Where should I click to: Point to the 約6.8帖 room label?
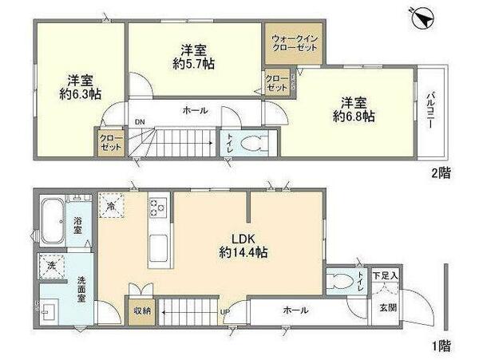(x=354, y=109)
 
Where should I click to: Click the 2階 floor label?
(x=442, y=172)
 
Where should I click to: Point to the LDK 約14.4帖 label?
(x=239, y=245)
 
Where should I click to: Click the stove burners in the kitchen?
(x=156, y=208)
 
